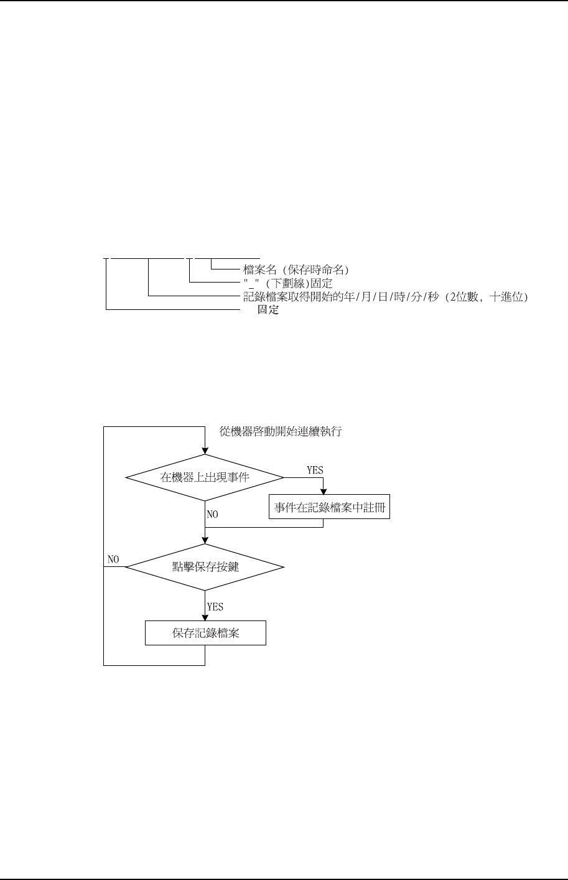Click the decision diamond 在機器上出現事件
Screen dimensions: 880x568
point(205,477)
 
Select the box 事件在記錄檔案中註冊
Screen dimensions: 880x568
point(329,508)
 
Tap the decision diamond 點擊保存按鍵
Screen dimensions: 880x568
point(205,566)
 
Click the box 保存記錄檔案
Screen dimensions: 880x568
point(205,634)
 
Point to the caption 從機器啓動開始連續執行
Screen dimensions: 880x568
point(281,431)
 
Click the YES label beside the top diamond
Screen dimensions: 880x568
point(315,470)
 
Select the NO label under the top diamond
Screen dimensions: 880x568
point(213,515)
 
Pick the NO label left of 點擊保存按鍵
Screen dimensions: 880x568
point(113,559)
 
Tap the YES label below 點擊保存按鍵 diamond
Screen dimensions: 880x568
point(215,606)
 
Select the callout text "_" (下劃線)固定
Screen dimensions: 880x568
point(287,283)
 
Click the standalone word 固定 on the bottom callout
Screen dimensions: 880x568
point(268,310)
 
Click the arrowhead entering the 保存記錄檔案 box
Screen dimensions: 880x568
point(205,617)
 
